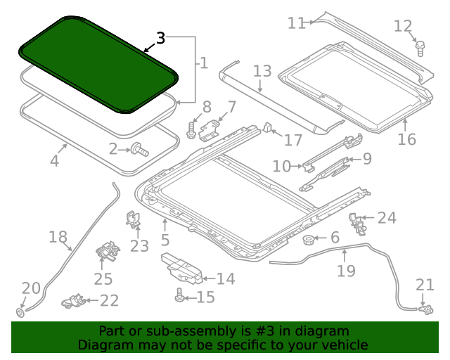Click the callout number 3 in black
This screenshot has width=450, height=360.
point(160,39)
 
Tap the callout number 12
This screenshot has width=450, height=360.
point(402,27)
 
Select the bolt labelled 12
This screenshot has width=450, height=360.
point(420,48)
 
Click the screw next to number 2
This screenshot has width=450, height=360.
point(139,148)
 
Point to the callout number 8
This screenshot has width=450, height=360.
point(206,107)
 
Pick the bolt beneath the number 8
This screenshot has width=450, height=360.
point(192,129)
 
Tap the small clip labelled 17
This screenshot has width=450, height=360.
point(268,128)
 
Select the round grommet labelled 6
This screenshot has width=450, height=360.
point(308,241)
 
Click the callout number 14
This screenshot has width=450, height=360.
point(225,279)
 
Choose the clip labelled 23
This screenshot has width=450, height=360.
point(132,221)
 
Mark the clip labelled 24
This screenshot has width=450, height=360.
point(358,222)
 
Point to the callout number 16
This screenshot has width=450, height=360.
point(406,139)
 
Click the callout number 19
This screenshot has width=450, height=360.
point(346,270)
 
